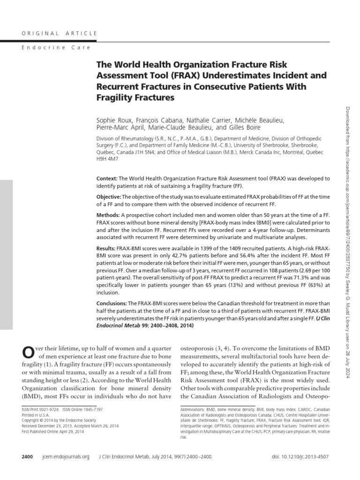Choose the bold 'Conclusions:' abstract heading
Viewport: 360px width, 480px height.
(x=112, y=303)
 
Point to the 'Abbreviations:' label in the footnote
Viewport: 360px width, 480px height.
(x=195, y=409)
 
